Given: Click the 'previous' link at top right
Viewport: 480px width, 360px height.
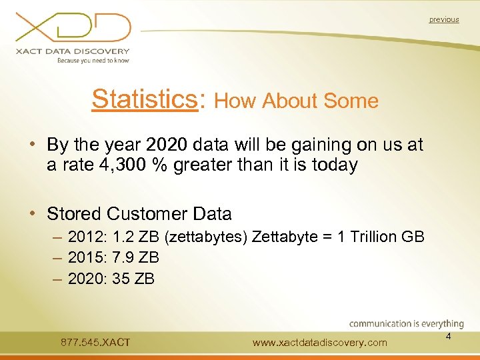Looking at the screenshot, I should tap(444, 19).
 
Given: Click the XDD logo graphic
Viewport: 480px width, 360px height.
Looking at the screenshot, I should tap(73, 27).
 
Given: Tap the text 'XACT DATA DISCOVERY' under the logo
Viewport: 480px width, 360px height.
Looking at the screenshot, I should tap(73, 51).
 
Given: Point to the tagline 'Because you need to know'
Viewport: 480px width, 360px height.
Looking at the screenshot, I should tap(93, 60).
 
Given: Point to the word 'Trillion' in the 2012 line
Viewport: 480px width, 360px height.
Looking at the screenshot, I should tap(369, 237).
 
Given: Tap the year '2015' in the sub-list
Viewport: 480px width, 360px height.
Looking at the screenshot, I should tap(87, 257).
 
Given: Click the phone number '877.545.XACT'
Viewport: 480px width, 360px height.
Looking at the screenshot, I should tap(95, 343).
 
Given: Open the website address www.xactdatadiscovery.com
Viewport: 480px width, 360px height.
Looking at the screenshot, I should tap(320, 343).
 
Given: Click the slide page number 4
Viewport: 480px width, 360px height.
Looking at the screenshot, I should tap(449, 337).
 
